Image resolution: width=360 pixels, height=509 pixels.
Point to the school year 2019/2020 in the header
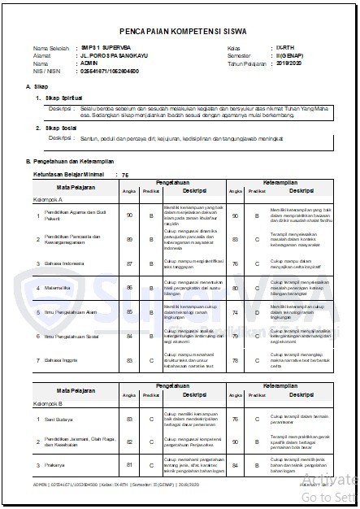pyautogui.click(x=288, y=62)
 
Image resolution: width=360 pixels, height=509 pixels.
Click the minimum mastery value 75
pyautogui.click(x=125, y=175)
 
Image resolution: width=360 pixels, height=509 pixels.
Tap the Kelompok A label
pyautogui.click(x=48, y=198)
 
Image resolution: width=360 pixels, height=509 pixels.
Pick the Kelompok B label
pyautogui.click(x=48, y=403)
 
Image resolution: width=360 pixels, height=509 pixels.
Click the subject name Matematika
pyautogui.click(x=58, y=288)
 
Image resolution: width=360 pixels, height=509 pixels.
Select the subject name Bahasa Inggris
pyautogui.click(x=61, y=359)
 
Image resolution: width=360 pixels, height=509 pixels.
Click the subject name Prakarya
pyautogui.click(x=55, y=465)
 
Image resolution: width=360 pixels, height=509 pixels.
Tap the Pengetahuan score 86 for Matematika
pyautogui.click(x=130, y=288)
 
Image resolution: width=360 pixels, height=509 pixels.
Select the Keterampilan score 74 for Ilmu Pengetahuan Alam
pyautogui.click(x=234, y=311)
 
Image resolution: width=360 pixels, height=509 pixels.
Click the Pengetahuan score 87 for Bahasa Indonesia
pyautogui.click(x=130, y=264)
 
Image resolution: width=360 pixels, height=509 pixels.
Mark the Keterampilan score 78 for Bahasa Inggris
pyautogui.click(x=234, y=359)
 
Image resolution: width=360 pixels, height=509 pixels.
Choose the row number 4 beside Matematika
pyautogui.click(x=37, y=288)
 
